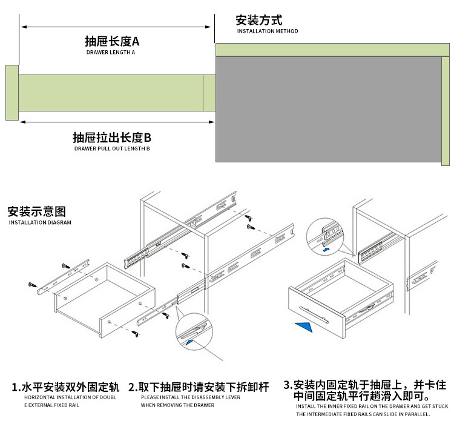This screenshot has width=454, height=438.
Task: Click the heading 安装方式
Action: click(258, 20)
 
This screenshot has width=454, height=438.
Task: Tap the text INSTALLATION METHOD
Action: click(267, 32)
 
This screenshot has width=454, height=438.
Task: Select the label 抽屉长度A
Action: click(112, 41)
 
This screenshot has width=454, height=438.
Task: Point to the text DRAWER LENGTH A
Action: click(111, 53)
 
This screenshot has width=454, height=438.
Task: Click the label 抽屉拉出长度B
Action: click(112, 137)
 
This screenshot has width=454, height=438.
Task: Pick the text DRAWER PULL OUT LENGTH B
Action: click(112, 148)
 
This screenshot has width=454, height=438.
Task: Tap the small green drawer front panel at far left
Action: click(12, 93)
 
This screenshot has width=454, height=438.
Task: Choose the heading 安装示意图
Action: click(36, 212)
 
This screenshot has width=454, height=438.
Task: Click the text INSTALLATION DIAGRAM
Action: click(40, 223)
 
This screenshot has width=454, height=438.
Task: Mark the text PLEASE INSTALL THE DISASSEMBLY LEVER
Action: click(191, 397)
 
